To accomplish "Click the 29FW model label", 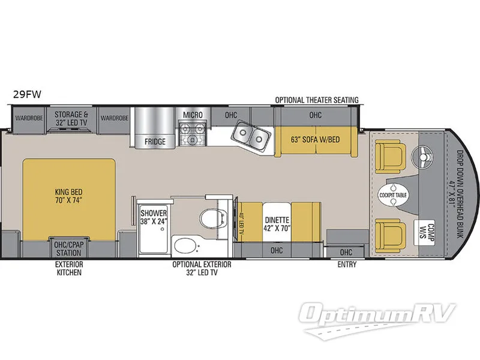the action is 27,95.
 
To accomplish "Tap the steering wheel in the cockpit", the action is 424,157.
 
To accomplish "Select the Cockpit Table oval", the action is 393,195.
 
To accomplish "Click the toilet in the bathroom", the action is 212,218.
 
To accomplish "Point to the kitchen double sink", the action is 251,136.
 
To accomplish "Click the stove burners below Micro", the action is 193,134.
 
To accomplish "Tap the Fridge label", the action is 155,142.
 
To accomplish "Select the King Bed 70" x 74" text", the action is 69,197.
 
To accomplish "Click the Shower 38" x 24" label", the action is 154,217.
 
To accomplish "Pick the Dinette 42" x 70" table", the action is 277,221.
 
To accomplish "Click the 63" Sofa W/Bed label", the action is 316,140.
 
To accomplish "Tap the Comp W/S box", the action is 424,233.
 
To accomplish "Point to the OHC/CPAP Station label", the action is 68,248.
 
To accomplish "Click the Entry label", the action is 347,264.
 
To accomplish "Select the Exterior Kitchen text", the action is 69,268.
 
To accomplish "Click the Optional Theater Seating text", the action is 317,100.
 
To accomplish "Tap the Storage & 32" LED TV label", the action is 71,118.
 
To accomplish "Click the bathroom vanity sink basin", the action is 187,246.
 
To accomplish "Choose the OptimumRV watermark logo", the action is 377,319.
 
